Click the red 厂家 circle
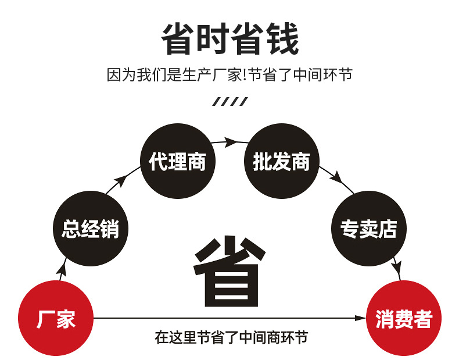56,318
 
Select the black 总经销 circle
90,229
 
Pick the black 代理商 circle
178,161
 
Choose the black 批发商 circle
282,161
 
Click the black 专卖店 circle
368,229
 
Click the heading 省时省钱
229,39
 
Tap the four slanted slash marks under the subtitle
229,102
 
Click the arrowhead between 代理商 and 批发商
231,141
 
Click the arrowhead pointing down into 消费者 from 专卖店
397,269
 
